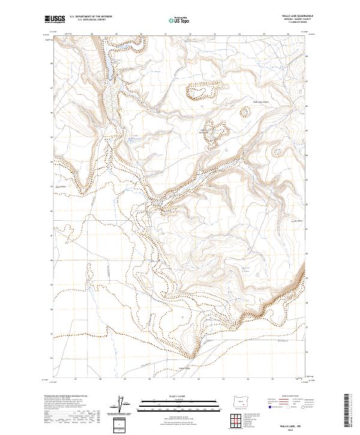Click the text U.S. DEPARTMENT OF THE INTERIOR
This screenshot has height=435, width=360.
point(91,17)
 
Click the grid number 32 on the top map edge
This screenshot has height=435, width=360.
point(190,34)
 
